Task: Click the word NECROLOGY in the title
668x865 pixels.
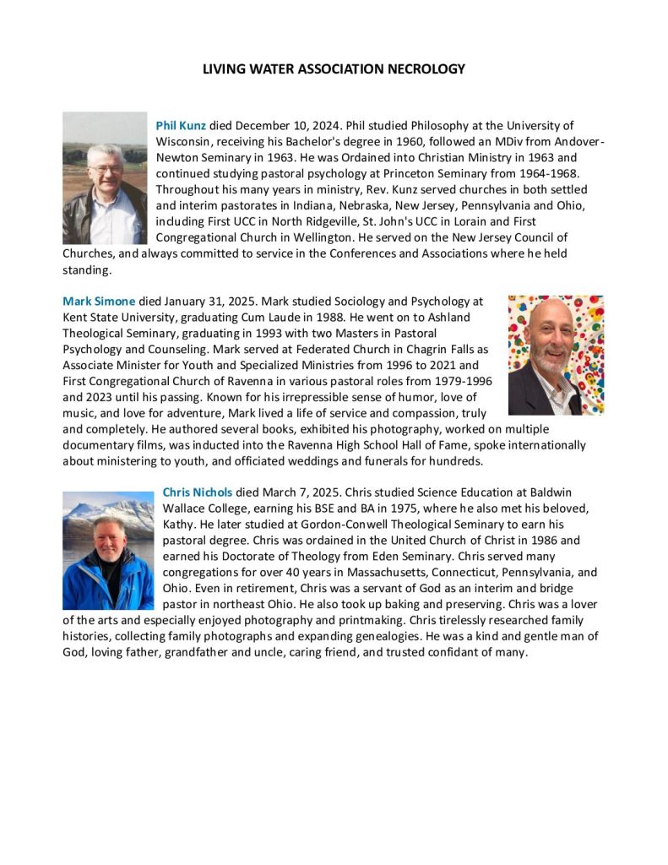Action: pos(425,69)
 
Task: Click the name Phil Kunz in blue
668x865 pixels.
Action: pos(181,126)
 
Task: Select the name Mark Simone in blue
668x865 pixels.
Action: pos(99,301)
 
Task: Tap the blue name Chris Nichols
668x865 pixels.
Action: pos(197,492)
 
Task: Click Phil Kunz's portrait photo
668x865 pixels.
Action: pos(105,178)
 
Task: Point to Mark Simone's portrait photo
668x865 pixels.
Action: pos(556,355)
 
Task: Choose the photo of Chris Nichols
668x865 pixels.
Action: pos(108,551)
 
